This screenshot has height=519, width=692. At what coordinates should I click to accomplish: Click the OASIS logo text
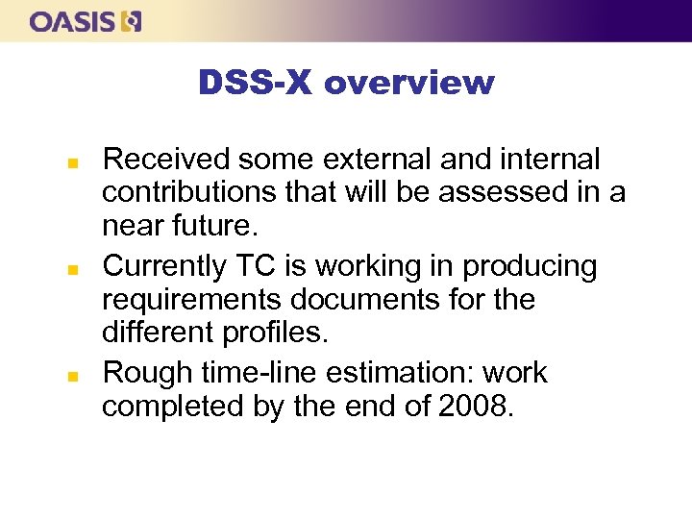tap(73, 21)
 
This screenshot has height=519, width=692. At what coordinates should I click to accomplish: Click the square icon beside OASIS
tap(132, 21)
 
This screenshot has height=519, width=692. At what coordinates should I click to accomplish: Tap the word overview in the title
tap(409, 84)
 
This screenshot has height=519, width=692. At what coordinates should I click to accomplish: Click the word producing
tap(527, 265)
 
